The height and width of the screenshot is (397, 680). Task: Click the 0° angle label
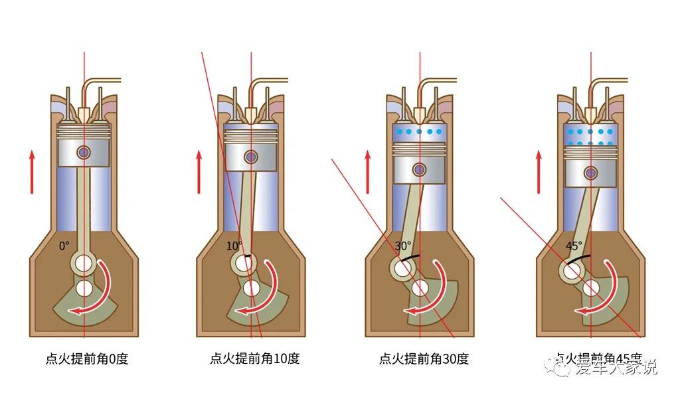(64, 246)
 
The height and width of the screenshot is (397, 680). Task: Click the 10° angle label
(234, 246)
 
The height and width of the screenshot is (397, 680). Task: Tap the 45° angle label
(573, 245)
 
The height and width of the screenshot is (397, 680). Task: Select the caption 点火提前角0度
(86, 359)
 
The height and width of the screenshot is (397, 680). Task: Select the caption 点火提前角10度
(254, 359)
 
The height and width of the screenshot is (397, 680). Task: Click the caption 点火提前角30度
(424, 359)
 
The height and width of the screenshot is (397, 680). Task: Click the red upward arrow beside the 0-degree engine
(31, 171)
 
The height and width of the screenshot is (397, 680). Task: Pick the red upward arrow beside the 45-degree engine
(539, 171)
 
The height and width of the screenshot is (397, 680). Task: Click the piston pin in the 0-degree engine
(84, 152)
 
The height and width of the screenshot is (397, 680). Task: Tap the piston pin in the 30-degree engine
(419, 169)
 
